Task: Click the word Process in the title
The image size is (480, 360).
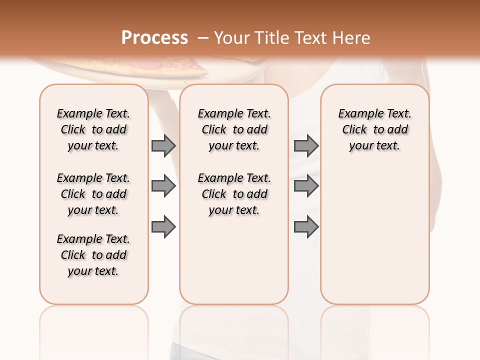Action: coord(154,38)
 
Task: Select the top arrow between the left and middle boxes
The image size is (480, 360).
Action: coord(163,145)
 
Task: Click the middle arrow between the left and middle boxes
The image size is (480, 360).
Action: coord(163,186)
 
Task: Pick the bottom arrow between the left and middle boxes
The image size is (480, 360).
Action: coord(163,227)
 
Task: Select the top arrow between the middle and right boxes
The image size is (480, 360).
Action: coord(306,145)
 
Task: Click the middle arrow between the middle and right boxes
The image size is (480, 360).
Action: coord(306,186)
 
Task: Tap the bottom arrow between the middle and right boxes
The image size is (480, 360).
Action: coord(306,227)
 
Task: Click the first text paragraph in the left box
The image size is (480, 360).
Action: coord(93,129)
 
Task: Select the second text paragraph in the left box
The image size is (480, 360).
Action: coord(93,194)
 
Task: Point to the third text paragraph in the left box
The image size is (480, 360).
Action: coord(93,255)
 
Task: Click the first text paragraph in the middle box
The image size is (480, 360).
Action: coord(234,129)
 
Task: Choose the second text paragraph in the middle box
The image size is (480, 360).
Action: coord(234,194)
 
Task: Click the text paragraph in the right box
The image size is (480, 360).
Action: coord(374,129)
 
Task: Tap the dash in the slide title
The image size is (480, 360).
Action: coord(203,38)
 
